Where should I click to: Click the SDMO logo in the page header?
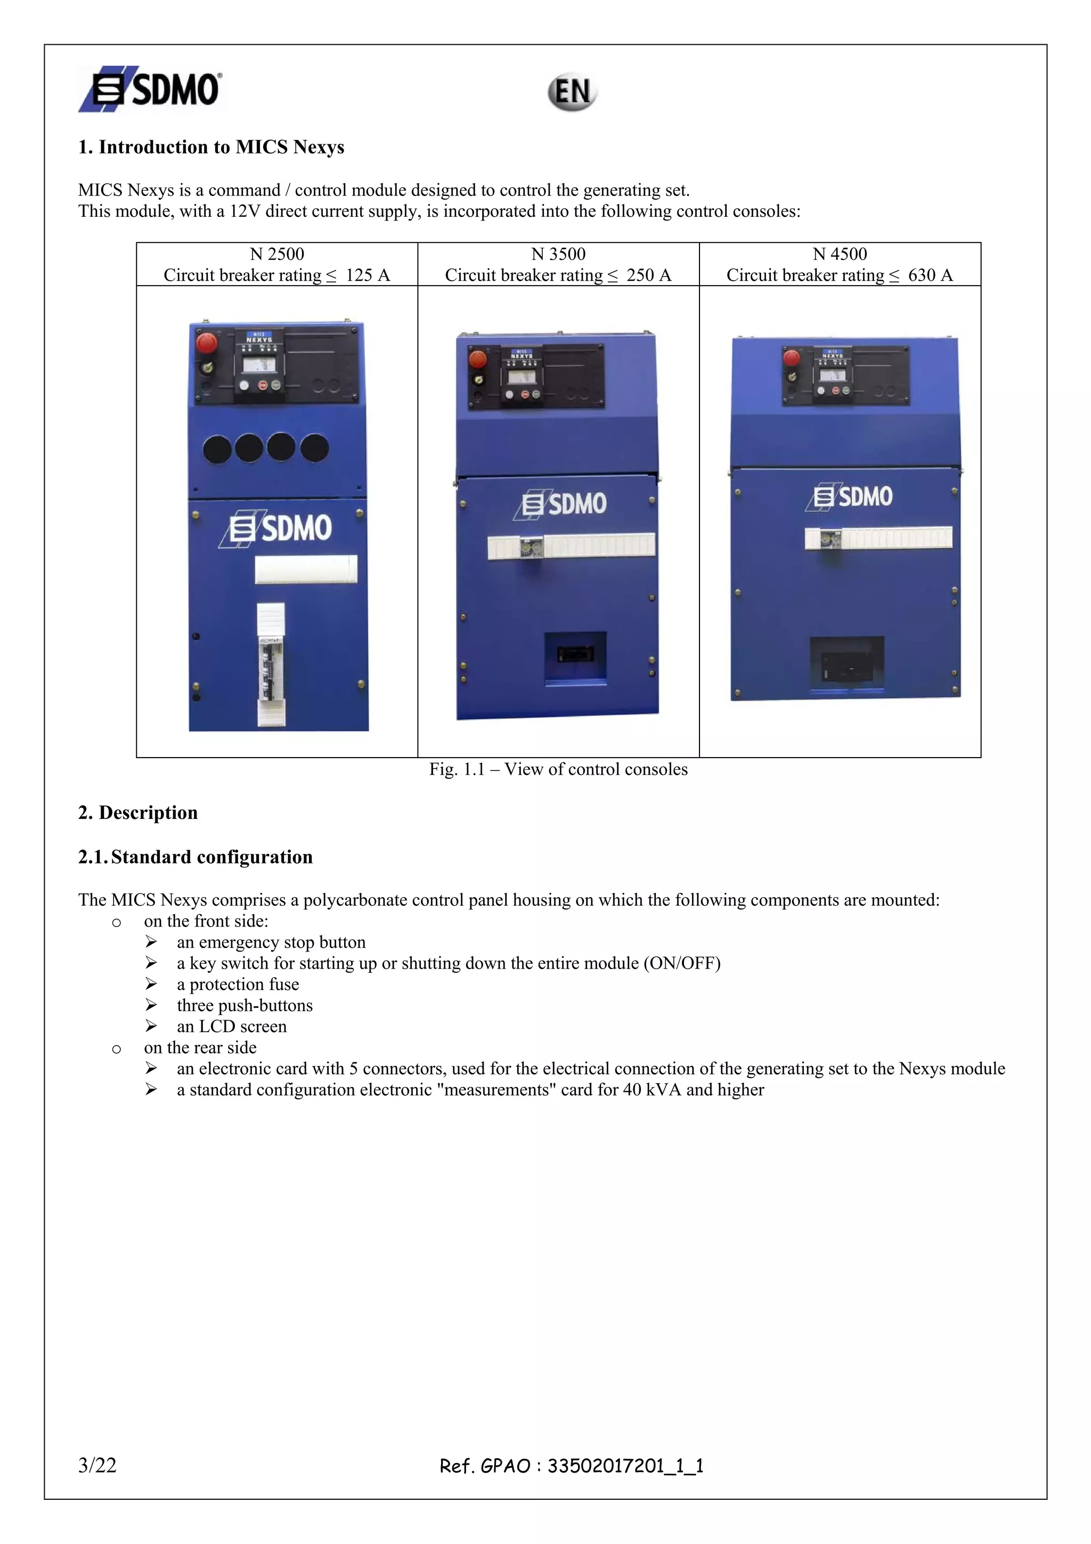point(151,88)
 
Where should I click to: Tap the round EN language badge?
point(572,92)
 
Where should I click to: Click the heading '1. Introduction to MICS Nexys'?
point(211,147)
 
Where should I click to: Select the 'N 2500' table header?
point(276,254)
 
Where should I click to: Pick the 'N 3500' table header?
point(558,254)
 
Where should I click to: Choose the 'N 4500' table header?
point(840,254)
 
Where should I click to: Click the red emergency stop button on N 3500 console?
point(477,359)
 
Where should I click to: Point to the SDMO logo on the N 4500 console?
point(850,497)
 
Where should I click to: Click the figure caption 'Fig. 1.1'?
point(457,769)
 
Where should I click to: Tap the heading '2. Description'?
point(138,812)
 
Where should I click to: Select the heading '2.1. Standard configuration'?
point(196,857)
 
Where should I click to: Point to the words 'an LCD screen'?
point(232,1026)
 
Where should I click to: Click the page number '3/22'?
point(97,1465)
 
